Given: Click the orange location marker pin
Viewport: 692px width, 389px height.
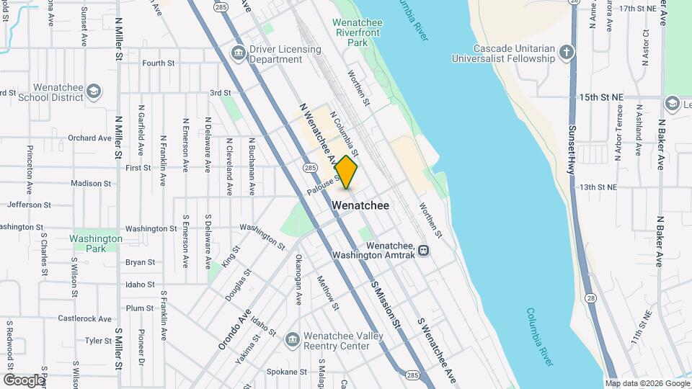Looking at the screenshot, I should tap(347, 172).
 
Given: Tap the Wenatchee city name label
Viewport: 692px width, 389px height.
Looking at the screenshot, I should tap(360, 205).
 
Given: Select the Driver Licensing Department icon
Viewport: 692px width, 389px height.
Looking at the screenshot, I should tap(238, 53).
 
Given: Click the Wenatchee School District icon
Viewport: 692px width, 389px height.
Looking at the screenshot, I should tap(93, 91).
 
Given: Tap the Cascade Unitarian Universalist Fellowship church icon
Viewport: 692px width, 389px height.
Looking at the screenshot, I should tap(567, 53).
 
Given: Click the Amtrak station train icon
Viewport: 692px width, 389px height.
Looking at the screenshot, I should tap(423, 250).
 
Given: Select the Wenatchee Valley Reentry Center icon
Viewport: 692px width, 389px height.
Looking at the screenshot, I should tap(292, 339).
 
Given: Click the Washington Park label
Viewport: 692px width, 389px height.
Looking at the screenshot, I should tap(96, 243).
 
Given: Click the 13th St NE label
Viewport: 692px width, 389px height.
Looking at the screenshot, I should tap(600, 187).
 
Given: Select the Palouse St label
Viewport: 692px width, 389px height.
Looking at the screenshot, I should tap(321, 185).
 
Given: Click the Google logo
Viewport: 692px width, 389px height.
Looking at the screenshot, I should tap(23, 380).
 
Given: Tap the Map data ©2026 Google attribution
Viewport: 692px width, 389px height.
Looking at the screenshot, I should tap(647, 383).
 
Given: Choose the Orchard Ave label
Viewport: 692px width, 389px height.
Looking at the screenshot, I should tap(89, 138).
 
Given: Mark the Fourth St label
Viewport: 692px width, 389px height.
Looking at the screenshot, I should tap(159, 63).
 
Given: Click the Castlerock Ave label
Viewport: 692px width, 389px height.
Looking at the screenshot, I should tap(84, 318).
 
